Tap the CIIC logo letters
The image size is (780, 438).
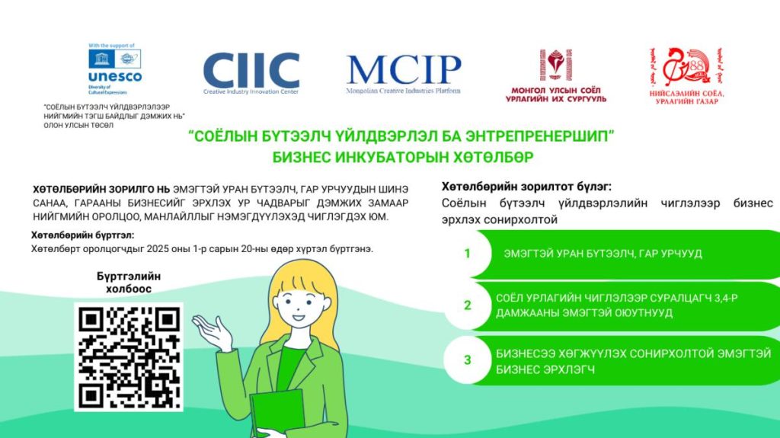tap(251, 71)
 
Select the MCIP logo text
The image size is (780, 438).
tap(404, 71)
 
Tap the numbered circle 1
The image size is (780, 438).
tap(468, 254)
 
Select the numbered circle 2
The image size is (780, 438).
tap(468, 305)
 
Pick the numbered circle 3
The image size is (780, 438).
tap(468, 360)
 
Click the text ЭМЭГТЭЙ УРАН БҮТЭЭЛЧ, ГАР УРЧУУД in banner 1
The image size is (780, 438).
tap(603, 254)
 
